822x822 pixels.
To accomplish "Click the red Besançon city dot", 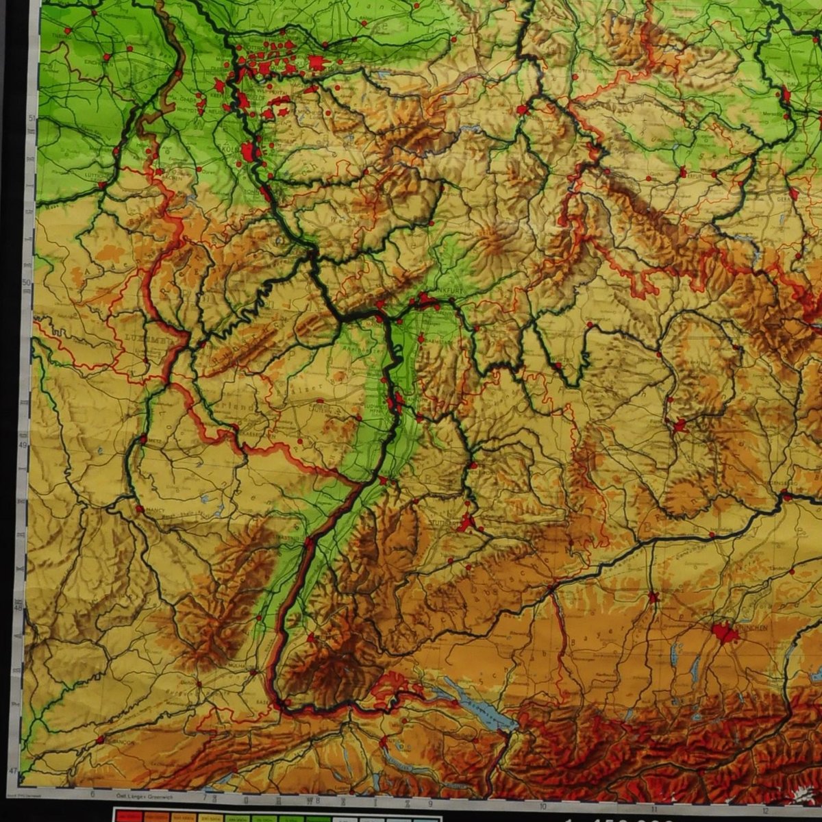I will coord(100,740).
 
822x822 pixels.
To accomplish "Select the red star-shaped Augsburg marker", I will coord(653,597).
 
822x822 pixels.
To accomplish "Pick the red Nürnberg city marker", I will coord(679,426).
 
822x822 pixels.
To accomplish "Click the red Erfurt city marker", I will coord(683,171).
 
